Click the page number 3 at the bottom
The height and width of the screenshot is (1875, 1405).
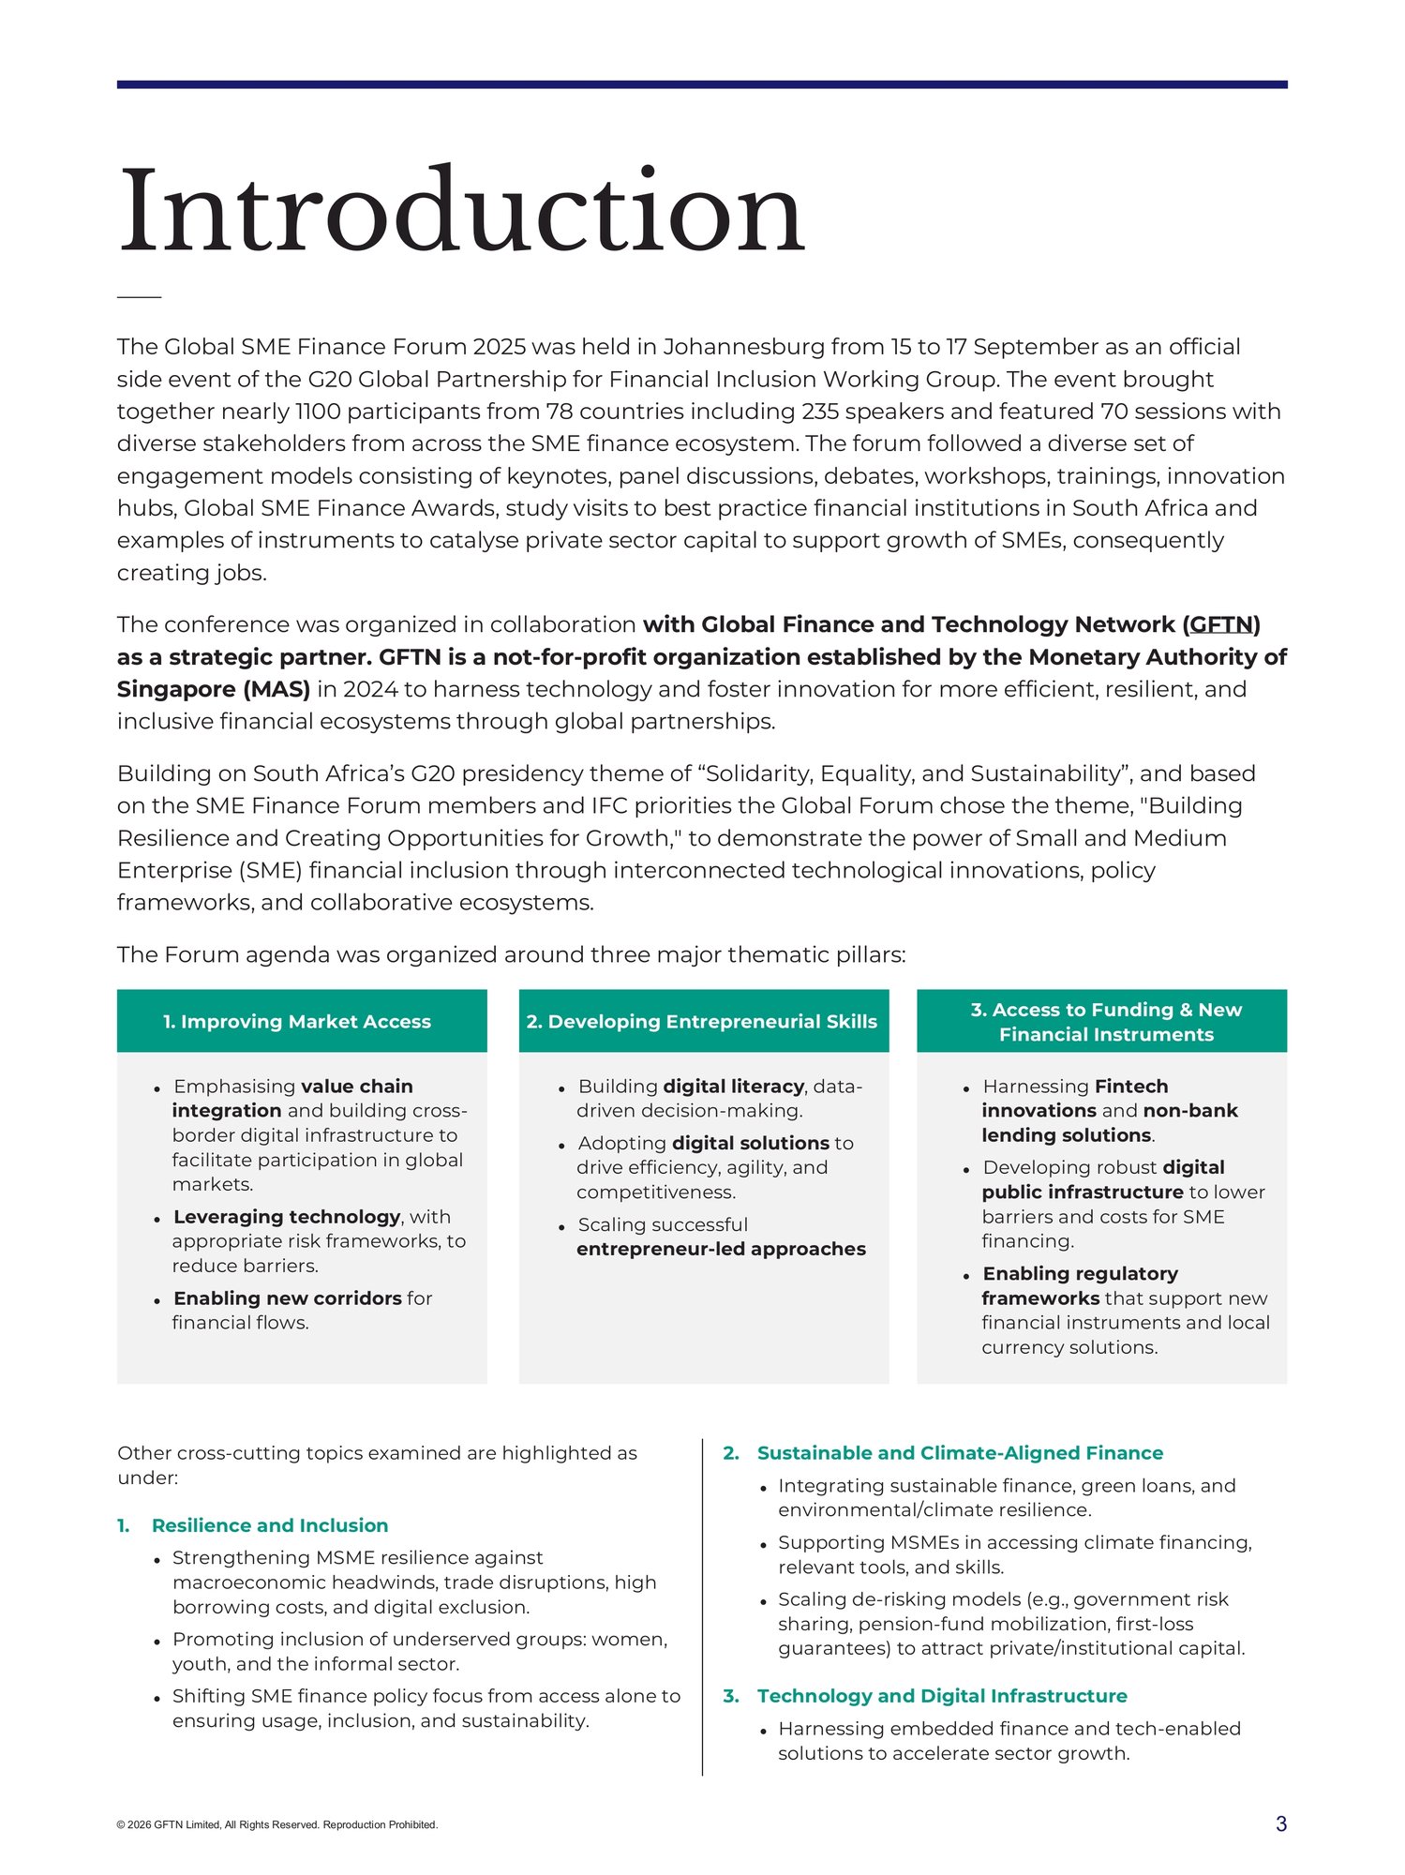pos(1280,1823)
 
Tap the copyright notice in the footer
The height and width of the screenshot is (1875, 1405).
pos(277,1824)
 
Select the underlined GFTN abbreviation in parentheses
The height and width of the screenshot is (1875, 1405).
pos(1221,624)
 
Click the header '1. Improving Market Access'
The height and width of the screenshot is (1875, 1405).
pos(297,1021)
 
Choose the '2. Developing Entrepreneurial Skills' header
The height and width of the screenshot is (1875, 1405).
pos(702,1021)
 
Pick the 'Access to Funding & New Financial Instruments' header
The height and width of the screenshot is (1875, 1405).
pos(1105,1022)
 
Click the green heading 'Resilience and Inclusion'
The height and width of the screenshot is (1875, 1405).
pos(270,1525)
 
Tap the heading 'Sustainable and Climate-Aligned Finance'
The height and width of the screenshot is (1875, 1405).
pos(960,1453)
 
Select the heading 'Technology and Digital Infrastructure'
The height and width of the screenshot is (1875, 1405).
pos(942,1696)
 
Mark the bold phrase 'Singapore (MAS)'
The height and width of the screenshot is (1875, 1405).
pos(214,689)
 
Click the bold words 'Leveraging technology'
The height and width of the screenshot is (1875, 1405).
pos(287,1217)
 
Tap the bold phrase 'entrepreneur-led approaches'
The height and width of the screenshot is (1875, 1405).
pos(721,1249)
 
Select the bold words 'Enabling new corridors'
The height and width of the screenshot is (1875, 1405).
pos(287,1298)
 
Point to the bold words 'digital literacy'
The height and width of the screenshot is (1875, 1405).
pos(733,1087)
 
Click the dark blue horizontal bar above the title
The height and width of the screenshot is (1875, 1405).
pos(701,84)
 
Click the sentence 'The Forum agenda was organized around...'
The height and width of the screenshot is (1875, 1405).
pos(511,954)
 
